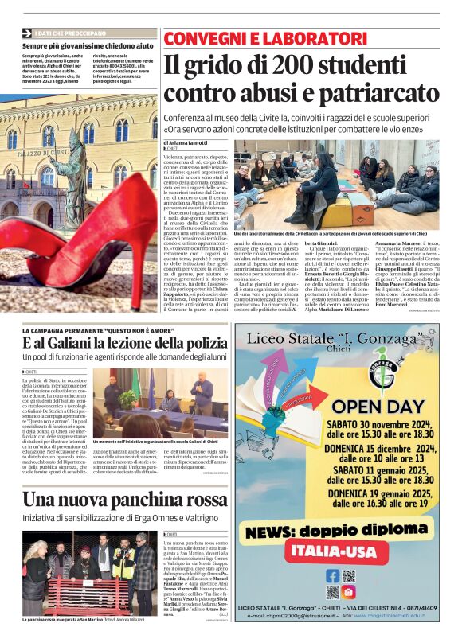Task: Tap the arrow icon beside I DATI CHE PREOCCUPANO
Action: pos(29,33)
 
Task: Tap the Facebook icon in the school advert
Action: pos(333,575)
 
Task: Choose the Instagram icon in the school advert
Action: pos(349,592)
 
